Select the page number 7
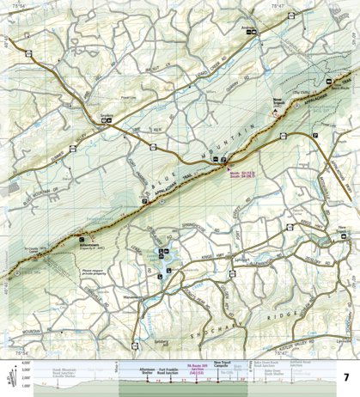(345, 377)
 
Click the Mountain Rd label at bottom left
(26, 329)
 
